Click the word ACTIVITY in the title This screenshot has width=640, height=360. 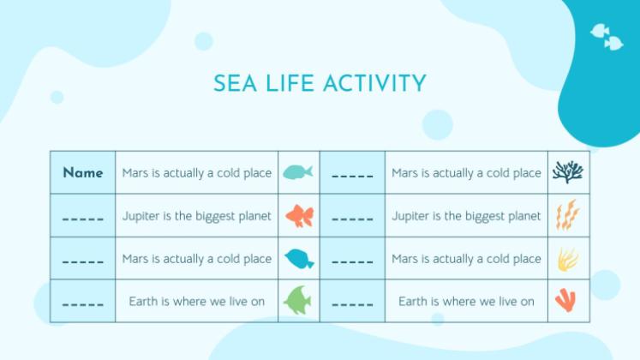tap(374, 83)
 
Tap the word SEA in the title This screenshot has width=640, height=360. tap(235, 83)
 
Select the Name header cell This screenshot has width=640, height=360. tap(83, 172)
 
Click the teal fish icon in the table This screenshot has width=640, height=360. tap(298, 171)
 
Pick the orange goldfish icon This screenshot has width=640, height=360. tap(300, 215)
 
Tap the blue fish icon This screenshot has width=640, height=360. tap(299, 259)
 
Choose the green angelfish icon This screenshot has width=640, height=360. tap(297, 300)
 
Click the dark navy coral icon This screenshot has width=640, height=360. tap(568, 171)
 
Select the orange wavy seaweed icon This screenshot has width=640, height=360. tap(567, 214)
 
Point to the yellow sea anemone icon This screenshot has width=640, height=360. tap(568, 259)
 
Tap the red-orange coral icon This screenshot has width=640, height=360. tap(565, 300)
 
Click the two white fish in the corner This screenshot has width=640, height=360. tap(607, 37)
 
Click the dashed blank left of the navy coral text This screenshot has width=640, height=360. tap(352, 176)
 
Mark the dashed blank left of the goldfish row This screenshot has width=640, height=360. tap(83, 219)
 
